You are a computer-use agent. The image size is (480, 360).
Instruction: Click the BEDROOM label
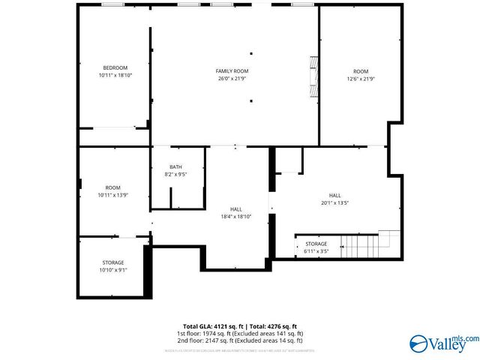[115, 68]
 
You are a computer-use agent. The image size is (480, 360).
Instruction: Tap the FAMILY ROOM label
[232, 70]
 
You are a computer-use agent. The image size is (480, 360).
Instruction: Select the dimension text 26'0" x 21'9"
[232, 78]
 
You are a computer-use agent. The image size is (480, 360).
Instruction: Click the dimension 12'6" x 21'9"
[361, 79]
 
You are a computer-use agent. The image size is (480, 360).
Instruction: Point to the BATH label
[175, 167]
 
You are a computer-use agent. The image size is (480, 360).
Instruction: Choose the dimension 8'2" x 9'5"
[175, 175]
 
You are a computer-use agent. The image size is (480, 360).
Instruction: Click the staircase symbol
[364, 243]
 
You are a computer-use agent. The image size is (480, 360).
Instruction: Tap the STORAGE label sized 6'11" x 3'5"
[316, 244]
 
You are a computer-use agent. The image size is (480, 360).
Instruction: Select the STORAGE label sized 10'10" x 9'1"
[113, 262]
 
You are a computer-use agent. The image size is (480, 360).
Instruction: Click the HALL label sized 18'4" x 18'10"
[235, 209]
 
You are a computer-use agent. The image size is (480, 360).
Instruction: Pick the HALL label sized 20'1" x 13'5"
[334, 195]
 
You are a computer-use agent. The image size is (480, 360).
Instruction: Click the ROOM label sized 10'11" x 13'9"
[112, 187]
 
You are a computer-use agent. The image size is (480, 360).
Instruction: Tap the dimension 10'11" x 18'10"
[115, 76]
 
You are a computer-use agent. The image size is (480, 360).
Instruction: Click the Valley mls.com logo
[442, 343]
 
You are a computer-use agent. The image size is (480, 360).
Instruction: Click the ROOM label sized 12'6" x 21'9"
[361, 71]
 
